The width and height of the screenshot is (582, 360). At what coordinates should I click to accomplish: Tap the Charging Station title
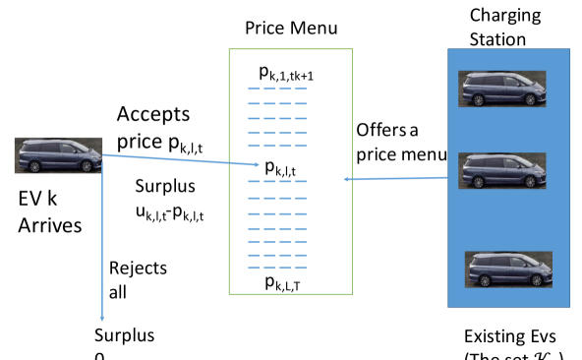497,27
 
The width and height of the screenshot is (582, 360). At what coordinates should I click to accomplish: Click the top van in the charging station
497,89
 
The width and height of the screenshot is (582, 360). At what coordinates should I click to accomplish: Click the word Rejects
138,268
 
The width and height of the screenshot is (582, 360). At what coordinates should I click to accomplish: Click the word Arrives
50,225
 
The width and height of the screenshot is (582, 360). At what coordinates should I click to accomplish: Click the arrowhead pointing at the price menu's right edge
347,179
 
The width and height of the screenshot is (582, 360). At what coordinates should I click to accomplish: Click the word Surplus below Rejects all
125,334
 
